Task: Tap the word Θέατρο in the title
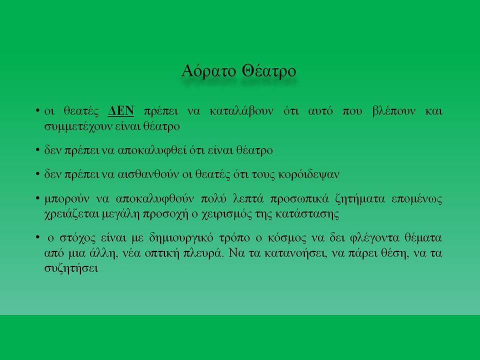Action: (269, 71)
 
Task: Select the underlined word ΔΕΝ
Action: (121, 111)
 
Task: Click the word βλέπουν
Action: (393, 111)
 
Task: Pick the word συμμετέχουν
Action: (78, 126)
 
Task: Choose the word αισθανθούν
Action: (148, 174)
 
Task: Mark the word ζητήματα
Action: (360, 199)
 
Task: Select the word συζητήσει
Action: (71, 268)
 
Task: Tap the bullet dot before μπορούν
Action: (37, 198)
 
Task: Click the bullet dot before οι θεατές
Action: (37, 110)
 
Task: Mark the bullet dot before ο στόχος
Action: (37, 237)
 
